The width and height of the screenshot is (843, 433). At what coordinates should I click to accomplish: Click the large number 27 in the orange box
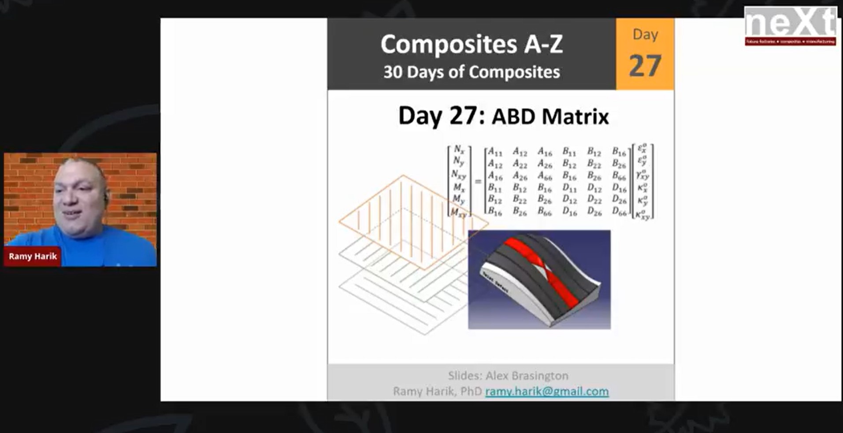[x=645, y=66]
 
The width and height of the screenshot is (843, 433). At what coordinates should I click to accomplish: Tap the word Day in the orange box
[x=645, y=34]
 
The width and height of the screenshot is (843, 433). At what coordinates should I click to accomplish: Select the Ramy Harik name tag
[x=33, y=256]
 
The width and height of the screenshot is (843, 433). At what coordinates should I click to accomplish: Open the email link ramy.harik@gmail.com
[x=547, y=391]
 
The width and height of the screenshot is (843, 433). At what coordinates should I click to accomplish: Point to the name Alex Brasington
[x=527, y=376]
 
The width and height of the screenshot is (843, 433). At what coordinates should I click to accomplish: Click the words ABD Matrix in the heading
[x=550, y=117]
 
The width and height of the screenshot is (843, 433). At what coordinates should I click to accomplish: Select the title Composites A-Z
[x=472, y=44]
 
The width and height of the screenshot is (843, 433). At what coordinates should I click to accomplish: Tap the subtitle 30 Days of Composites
[x=472, y=72]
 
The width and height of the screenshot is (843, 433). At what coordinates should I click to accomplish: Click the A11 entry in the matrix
[x=495, y=153]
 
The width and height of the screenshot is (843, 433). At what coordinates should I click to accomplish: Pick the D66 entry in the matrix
[x=619, y=212]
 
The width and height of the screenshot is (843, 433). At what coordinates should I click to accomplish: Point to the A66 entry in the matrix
[x=545, y=176]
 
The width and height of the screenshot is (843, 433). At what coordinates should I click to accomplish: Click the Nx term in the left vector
[x=459, y=150]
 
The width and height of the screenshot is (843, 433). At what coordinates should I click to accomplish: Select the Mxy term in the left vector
[x=458, y=213]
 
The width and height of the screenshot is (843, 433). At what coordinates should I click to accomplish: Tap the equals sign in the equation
[x=478, y=181]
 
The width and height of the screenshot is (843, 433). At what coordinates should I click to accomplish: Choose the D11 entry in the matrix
[x=569, y=188]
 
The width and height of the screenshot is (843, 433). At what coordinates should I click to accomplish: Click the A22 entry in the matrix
[x=520, y=164]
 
